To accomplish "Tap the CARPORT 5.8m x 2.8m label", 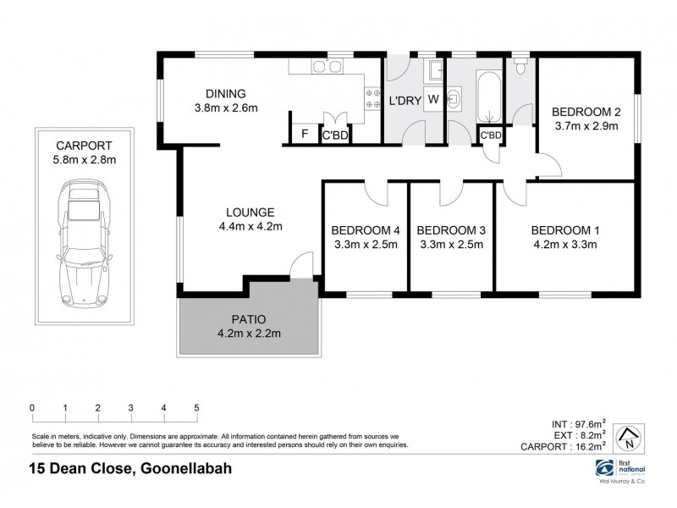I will point(83,151).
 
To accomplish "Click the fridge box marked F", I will point(304,134).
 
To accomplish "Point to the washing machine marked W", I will point(432,100).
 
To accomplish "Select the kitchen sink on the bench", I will point(322,65).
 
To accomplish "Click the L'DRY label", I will point(405,101).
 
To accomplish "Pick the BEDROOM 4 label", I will point(366,230).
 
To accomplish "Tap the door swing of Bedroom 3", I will point(450,194).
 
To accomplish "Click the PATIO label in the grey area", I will point(249,319).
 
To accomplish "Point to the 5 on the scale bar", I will point(196,408).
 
